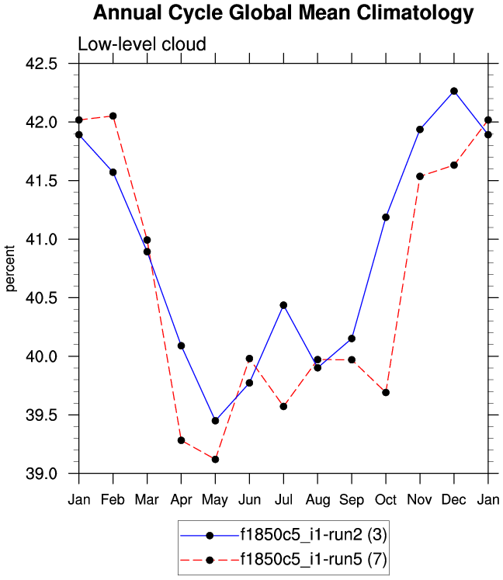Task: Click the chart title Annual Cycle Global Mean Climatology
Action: click(283, 13)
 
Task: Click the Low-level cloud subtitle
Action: click(141, 44)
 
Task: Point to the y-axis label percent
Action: click(11, 268)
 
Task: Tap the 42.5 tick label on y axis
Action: click(52, 64)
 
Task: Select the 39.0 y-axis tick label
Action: click(52, 474)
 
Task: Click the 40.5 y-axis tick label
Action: click(52, 298)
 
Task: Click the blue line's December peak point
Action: click(454, 91)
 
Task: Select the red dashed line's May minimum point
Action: click(215, 460)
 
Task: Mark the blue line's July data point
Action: click(283, 305)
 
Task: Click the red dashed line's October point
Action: click(386, 393)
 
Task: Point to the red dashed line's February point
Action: click(113, 116)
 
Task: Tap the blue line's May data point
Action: click(215, 421)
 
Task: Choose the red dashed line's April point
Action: click(181, 440)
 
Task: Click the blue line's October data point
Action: click(386, 217)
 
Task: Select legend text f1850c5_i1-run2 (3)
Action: click(313, 535)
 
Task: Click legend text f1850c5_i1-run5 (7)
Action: click(313, 560)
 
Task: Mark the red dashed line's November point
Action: click(420, 176)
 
